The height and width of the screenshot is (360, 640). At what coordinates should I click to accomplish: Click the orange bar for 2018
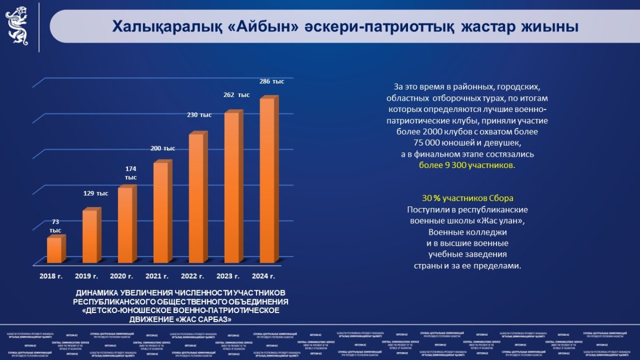pyautogui.click(x=54, y=250)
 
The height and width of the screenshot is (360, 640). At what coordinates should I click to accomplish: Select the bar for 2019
pyautogui.click(x=90, y=236)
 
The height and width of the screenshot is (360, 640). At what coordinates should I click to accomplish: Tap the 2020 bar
pyautogui.click(x=125, y=225)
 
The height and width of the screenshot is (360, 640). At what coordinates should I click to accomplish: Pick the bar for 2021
pyautogui.click(x=161, y=212)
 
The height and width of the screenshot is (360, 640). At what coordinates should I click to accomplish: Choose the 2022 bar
pyautogui.click(x=196, y=198)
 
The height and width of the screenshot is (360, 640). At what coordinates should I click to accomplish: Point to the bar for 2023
pyautogui.click(x=231, y=187)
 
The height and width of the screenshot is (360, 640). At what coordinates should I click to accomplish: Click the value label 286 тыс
pyautogui.click(x=271, y=82)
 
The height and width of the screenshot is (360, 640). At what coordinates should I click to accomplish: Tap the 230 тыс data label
pyautogui.click(x=198, y=115)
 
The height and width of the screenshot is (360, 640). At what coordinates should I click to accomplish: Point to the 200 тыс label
pyautogui.click(x=162, y=148)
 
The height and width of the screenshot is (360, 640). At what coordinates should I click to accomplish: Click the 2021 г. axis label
pyautogui.click(x=157, y=276)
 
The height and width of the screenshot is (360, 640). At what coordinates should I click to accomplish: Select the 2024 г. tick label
pyautogui.click(x=263, y=276)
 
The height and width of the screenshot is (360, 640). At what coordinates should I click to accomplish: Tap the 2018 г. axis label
pyautogui.click(x=51, y=276)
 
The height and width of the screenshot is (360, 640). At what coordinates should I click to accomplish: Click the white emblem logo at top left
pyautogui.click(x=18, y=26)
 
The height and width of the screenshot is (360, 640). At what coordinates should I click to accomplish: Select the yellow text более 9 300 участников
pyautogui.click(x=467, y=165)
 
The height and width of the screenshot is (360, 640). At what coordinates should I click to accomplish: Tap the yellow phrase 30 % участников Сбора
pyautogui.click(x=467, y=197)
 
